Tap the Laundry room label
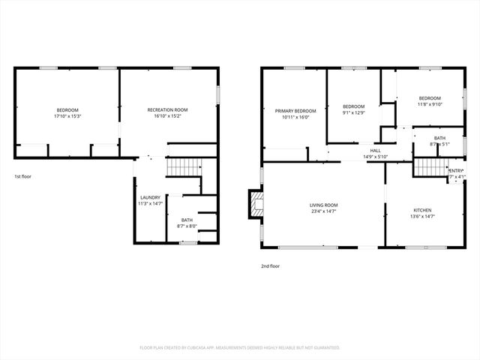coord(149,198)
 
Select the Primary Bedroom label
coord(290,111)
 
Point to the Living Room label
coord(324,205)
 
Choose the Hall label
coord(375,151)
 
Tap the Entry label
coord(455,171)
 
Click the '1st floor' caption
coord(23,176)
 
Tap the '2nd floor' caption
coord(271,265)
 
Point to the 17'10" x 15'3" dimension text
coord(67,116)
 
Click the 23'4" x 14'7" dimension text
coord(324,211)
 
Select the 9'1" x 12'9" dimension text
coord(353,113)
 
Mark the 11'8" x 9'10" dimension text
coord(429,104)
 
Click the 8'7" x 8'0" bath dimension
coord(187,226)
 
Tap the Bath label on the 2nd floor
coord(439,137)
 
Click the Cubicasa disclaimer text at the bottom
coord(240,348)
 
